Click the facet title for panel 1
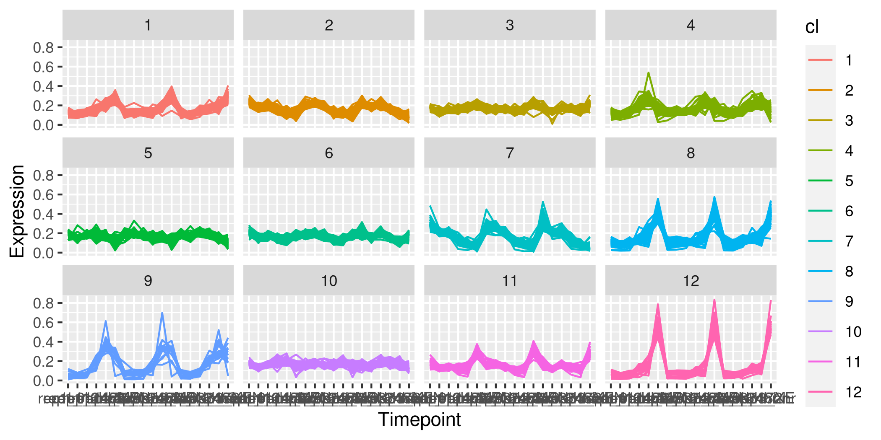pyautogui.click(x=148, y=25)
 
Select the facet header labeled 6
pyautogui.click(x=329, y=153)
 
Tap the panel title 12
pyautogui.click(x=691, y=281)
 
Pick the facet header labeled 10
pyautogui.click(x=329, y=281)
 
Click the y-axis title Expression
pyautogui.click(x=17, y=211)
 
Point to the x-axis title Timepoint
pyautogui.click(x=419, y=419)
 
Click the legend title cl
pyautogui.click(x=812, y=27)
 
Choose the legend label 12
pyautogui.click(x=853, y=392)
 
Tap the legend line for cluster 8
pyautogui.click(x=820, y=271)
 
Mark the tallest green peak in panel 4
pyautogui.click(x=649, y=72)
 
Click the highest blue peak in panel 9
pyautogui.click(x=162, y=313)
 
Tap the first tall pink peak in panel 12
pyautogui.click(x=658, y=304)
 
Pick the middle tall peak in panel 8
pyautogui.click(x=714, y=197)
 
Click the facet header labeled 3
pyautogui.click(x=510, y=25)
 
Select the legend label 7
pyautogui.click(x=849, y=241)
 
